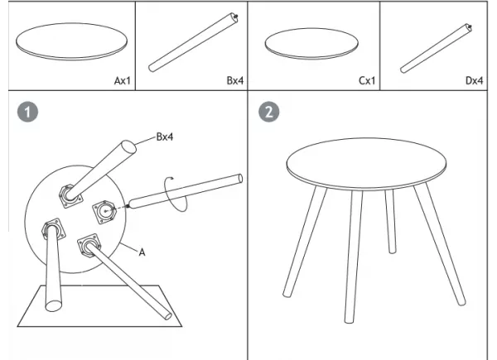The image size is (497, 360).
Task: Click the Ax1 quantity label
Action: [123, 81]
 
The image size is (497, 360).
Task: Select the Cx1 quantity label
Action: [368, 81]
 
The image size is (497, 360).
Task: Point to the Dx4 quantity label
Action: [475, 81]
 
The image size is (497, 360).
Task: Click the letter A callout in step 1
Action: [142, 253]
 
